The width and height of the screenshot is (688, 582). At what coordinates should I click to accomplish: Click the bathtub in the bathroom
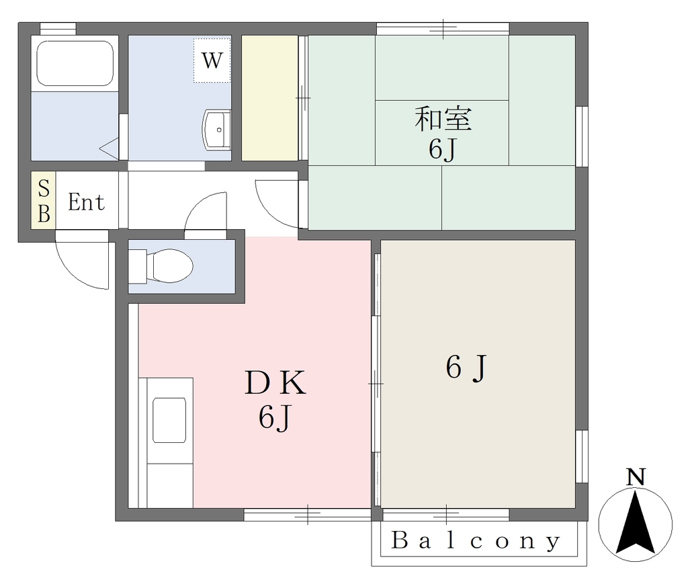75,63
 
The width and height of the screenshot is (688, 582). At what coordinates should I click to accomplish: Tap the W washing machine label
212,60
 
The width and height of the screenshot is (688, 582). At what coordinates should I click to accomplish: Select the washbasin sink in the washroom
217,130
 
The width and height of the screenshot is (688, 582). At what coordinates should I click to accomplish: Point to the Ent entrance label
87,202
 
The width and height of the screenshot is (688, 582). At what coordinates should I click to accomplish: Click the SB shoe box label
44,201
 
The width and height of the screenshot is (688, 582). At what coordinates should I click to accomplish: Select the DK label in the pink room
275,382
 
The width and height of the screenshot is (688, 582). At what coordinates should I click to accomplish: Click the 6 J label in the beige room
467,368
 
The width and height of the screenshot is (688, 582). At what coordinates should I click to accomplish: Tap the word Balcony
476,541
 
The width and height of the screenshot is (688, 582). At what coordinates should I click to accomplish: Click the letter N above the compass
636,477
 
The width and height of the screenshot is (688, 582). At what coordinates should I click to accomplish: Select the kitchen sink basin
169,420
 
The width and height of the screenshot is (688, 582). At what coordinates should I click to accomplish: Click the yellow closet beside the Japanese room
270,98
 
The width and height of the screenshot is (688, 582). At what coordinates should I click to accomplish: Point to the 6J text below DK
275,417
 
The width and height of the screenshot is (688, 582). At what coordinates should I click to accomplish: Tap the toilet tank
137,266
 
